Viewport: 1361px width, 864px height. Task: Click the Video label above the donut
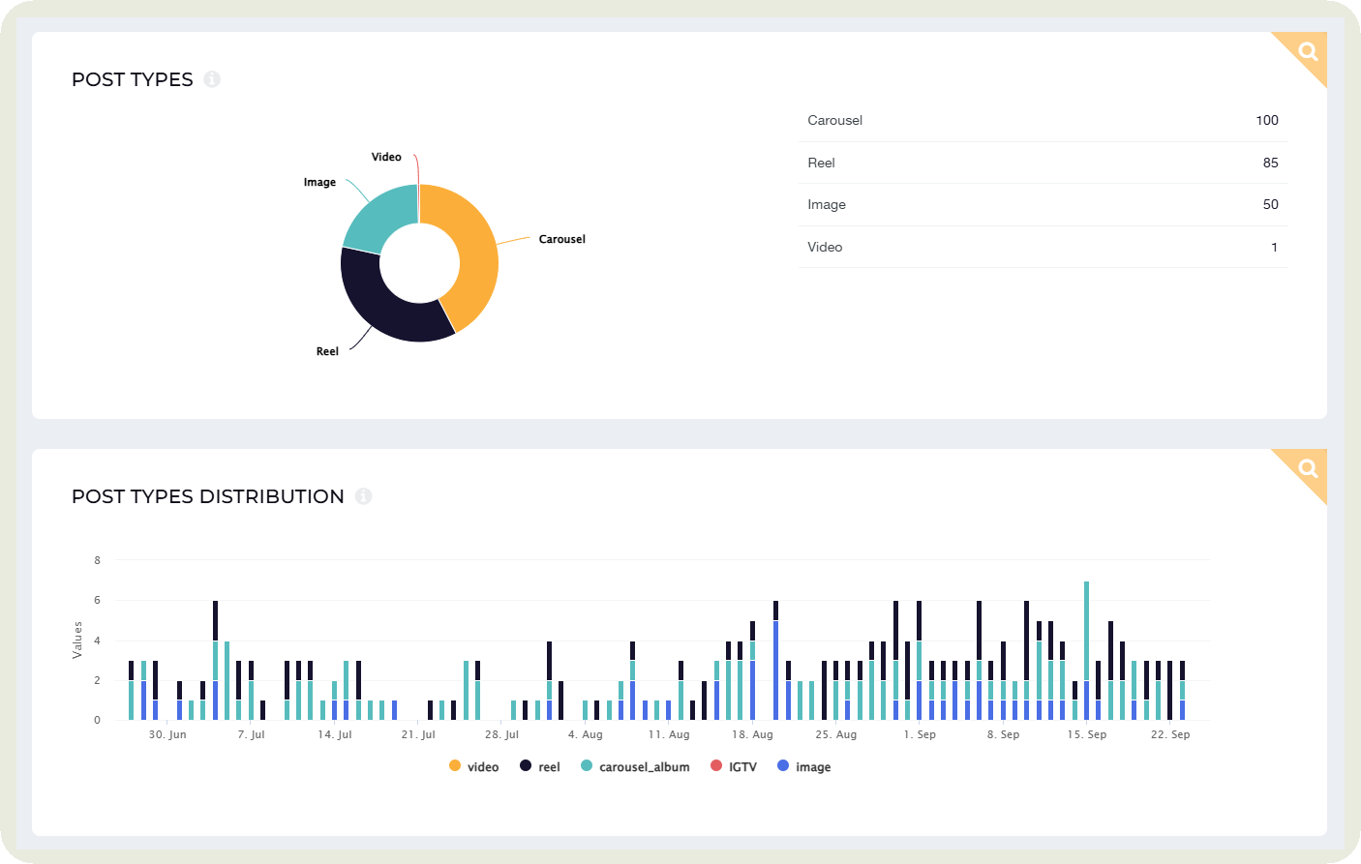click(386, 157)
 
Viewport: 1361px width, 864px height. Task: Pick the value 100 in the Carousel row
click(1266, 120)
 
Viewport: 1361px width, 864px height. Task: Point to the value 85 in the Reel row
click(1270, 163)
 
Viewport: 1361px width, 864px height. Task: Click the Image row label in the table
click(827, 204)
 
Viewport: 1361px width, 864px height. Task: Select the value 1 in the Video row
click(1274, 247)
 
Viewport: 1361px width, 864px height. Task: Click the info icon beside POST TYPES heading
click(212, 79)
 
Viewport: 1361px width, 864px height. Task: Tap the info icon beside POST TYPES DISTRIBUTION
click(363, 496)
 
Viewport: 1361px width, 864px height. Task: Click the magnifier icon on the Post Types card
click(1308, 51)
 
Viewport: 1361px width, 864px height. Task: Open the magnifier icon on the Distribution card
click(1308, 468)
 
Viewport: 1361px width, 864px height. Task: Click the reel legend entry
click(540, 767)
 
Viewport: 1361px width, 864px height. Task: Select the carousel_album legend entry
click(636, 767)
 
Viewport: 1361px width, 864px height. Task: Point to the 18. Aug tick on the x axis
click(752, 734)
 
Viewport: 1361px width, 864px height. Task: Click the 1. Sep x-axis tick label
click(920, 734)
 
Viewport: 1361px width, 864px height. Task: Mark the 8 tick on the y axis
click(97, 560)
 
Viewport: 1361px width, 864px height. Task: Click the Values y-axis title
click(77, 641)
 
